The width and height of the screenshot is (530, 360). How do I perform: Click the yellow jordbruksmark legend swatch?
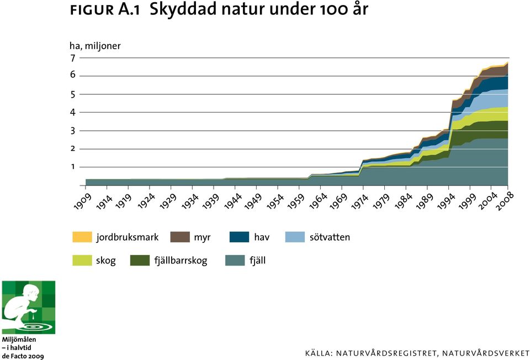pos(82,237)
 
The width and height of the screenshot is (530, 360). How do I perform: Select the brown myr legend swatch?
pos(180,237)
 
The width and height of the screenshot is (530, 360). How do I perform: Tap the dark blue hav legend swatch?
pos(239,237)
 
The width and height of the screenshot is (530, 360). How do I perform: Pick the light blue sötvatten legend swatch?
pos(295,237)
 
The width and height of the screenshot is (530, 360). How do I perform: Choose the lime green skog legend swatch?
pos(82,260)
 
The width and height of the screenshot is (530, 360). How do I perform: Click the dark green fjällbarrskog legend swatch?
pos(140,260)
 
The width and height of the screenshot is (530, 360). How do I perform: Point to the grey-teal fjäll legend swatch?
pos(235,260)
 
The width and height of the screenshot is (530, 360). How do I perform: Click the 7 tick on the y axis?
pos(73,58)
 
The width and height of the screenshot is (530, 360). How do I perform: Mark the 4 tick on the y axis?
pos(73,112)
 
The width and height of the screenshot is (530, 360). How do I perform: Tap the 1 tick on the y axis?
pos(73,167)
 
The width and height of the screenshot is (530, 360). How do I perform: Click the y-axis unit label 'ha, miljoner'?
pos(95,46)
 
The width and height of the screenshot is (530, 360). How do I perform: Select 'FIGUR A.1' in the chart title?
pos(105,10)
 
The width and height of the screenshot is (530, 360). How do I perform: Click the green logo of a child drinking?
pos(29,307)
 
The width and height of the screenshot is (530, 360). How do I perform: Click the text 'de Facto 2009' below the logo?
pos(23,356)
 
